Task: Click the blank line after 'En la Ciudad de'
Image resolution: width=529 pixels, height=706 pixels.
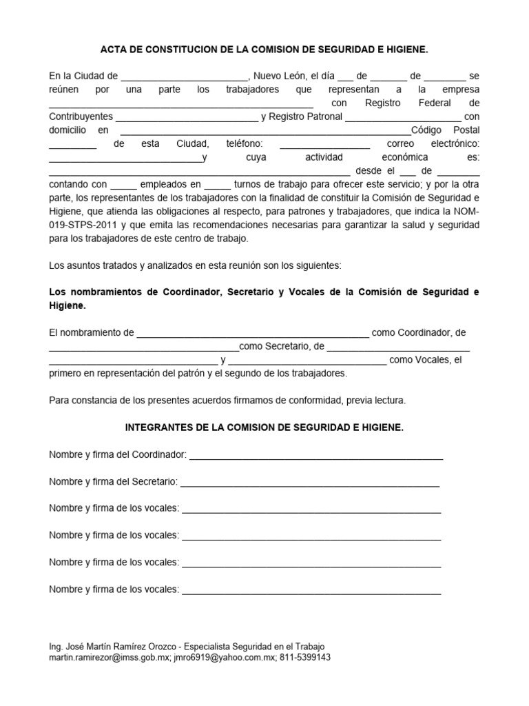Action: click(185, 78)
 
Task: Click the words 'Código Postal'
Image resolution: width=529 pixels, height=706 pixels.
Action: click(446, 130)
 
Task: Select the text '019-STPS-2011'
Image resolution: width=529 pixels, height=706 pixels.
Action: click(83, 225)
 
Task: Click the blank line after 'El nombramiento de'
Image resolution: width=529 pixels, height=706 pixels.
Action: click(253, 335)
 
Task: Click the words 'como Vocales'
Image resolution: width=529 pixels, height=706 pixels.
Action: click(419, 360)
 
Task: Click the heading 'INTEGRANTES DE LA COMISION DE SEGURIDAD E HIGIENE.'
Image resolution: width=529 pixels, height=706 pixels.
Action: click(264, 427)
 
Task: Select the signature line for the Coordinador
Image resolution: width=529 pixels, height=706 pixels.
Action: click(316, 458)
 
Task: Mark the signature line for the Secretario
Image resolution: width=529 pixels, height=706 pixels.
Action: click(310, 484)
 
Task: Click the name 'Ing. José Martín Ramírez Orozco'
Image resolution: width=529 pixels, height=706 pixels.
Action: click(110, 646)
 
